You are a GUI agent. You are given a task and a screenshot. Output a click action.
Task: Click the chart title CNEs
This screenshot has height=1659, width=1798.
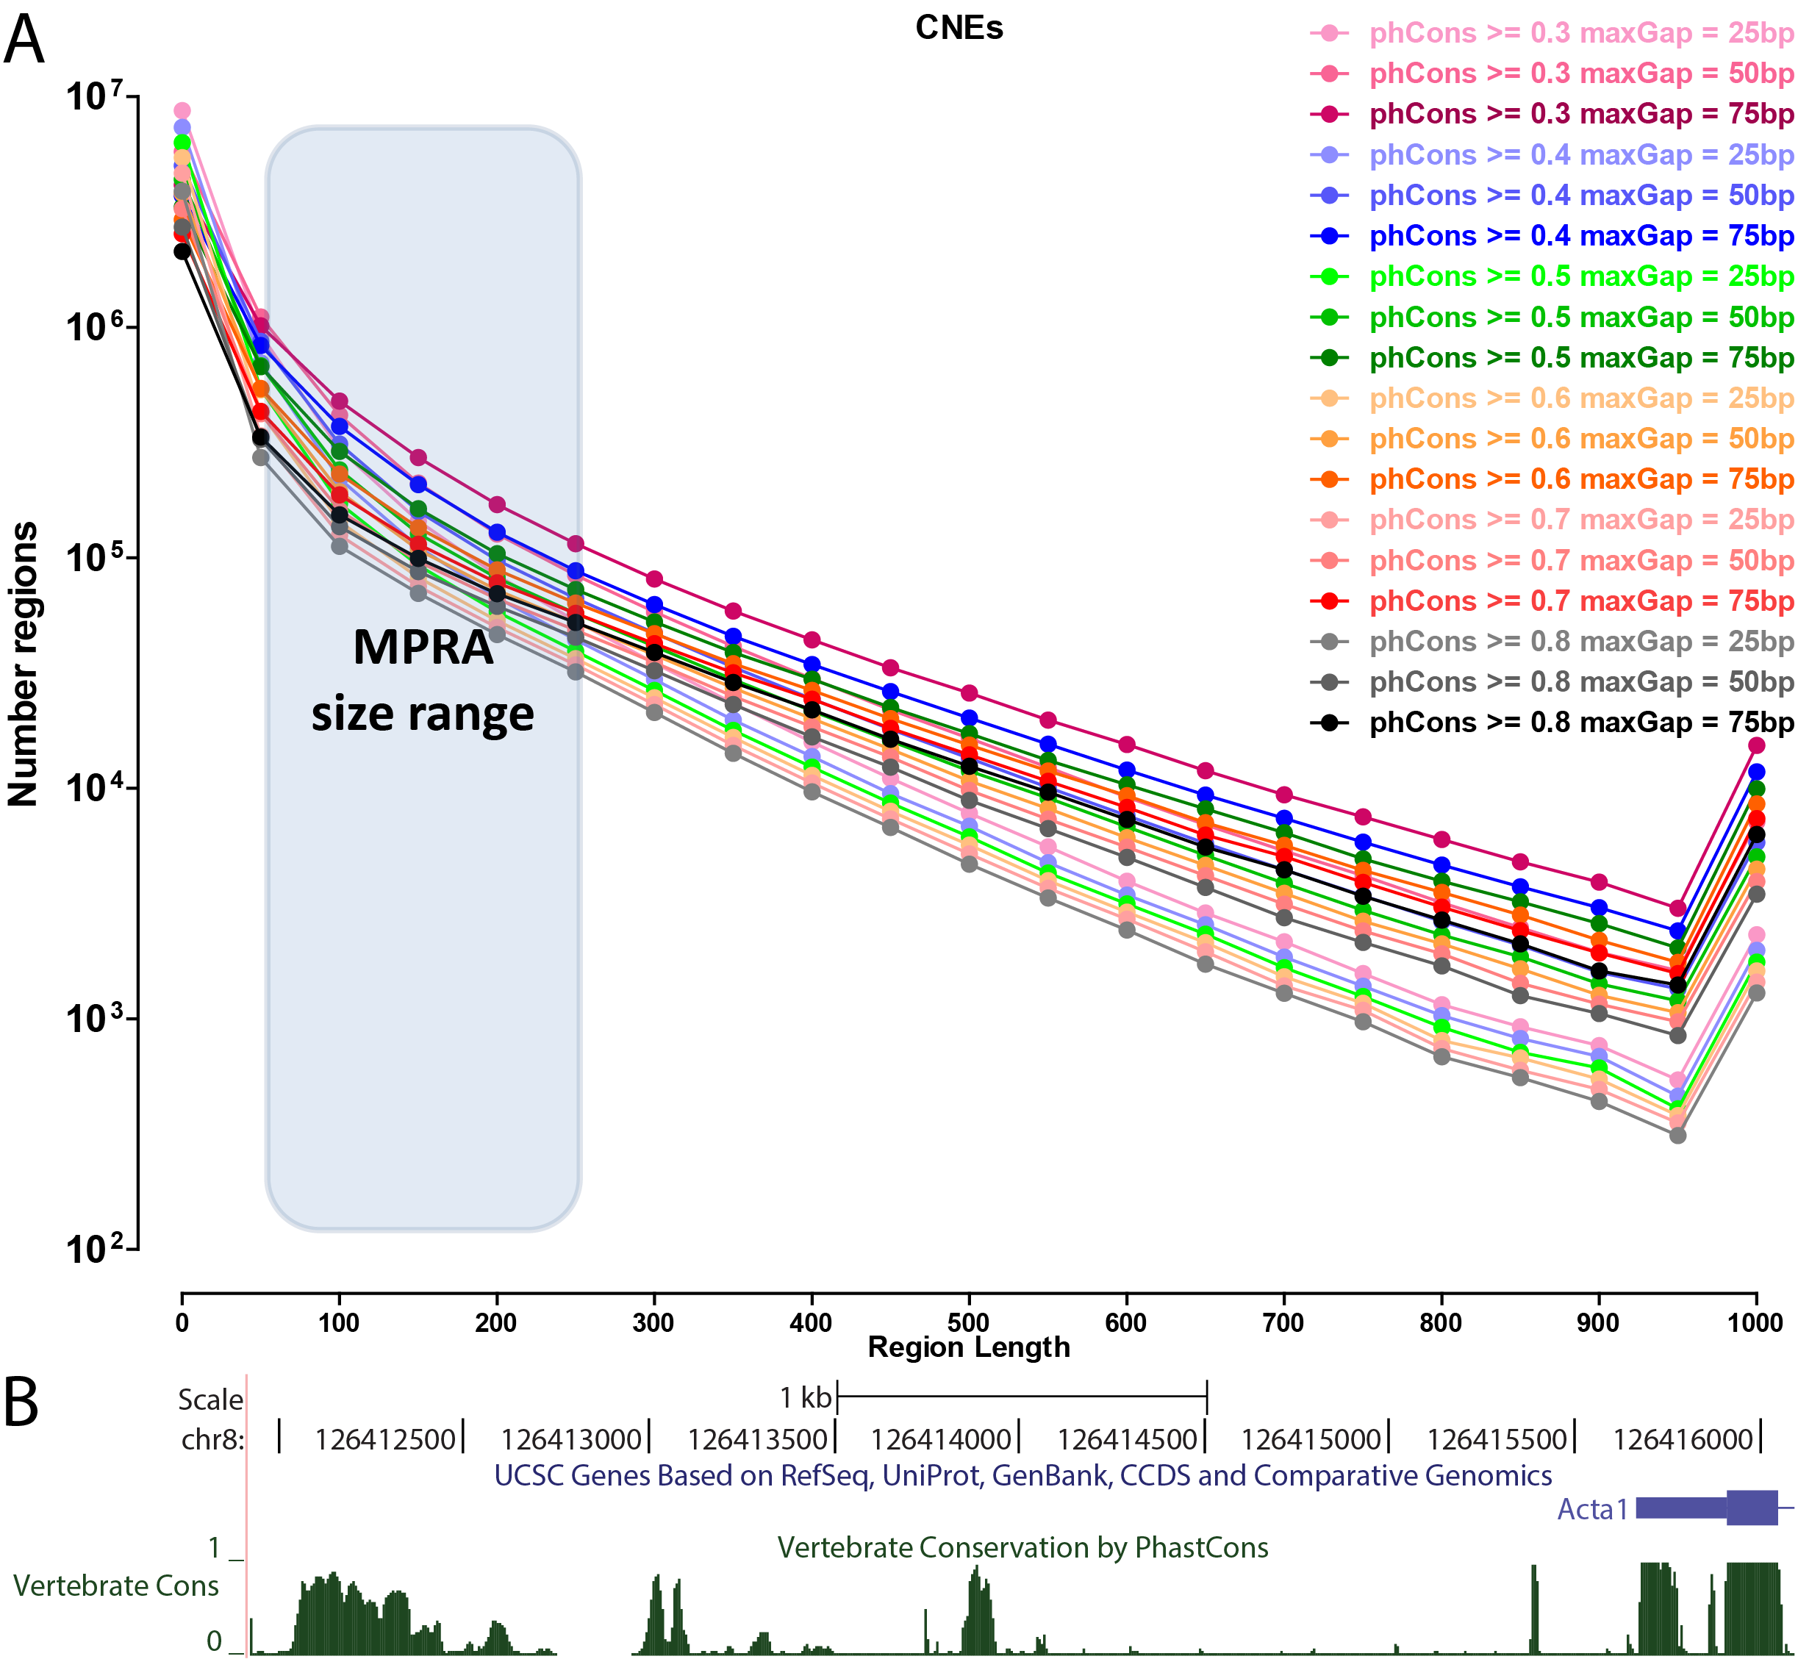959,28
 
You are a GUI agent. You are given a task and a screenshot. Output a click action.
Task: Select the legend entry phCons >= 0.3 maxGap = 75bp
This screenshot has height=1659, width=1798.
1580,114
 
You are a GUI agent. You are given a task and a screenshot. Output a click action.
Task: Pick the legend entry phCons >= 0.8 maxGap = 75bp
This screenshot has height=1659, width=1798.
1580,723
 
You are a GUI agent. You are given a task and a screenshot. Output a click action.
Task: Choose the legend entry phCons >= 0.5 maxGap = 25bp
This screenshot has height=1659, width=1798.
1580,276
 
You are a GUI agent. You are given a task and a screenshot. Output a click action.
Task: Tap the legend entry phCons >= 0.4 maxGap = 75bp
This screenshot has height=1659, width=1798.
1580,236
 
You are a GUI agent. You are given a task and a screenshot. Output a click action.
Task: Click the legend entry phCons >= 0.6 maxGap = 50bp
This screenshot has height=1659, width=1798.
1580,439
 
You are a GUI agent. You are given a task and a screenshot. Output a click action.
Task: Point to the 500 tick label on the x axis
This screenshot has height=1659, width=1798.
969,1322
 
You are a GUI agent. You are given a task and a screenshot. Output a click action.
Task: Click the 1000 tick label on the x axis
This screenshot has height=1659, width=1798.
1755,1322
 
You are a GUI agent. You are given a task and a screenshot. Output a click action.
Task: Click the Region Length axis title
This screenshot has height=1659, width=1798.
969,1347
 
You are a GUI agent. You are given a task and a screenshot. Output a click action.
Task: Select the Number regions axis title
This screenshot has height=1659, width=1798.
24,664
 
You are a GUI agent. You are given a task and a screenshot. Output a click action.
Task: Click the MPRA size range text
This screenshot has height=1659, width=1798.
423,681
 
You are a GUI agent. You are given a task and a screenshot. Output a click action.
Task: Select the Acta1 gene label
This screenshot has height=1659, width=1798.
1591,1510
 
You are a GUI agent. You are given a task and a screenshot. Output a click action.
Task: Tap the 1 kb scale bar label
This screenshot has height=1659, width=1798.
805,1398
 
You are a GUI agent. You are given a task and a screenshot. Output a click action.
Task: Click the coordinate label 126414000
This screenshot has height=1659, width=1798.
941,1440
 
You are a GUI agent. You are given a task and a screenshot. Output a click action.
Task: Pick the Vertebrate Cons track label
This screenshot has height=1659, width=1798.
116,1586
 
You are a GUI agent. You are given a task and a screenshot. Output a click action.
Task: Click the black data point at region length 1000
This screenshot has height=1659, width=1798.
1757,835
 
